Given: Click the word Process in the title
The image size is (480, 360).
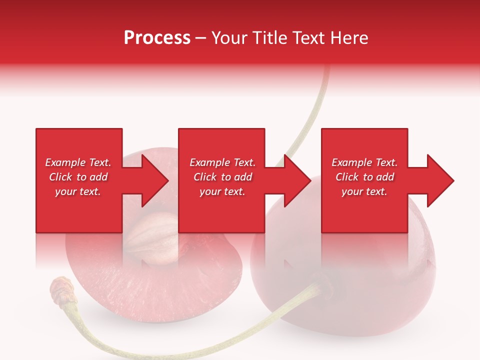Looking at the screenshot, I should (157, 38).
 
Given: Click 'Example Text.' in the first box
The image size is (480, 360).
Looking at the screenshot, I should (78, 162).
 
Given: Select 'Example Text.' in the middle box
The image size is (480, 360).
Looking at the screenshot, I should (222, 162).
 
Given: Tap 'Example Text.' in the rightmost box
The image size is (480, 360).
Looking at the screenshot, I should (364, 162).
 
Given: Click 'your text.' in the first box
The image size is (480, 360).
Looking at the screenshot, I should (78, 191).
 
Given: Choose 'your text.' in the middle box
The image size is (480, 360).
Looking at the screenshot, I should (222, 191).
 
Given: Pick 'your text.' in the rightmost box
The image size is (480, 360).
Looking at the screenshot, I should (364, 191).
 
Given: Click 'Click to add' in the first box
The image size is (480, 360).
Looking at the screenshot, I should (78, 177).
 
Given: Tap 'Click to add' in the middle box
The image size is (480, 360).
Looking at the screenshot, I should (222, 177).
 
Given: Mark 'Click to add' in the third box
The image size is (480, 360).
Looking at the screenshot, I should (364, 177).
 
